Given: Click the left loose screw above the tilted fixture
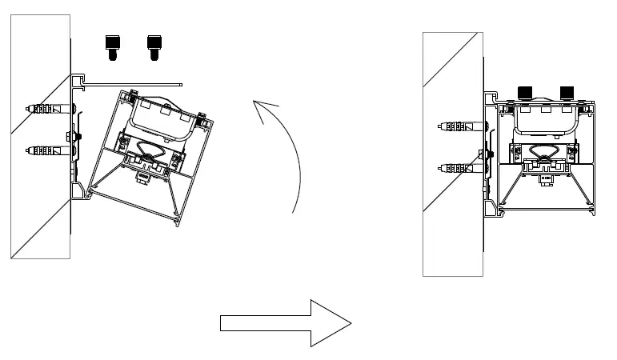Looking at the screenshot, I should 113,47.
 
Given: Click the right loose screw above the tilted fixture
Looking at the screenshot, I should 154,47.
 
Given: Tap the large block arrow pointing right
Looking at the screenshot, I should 286,322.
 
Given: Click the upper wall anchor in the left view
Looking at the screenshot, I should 47,109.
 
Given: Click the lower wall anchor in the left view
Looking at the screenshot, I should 47,149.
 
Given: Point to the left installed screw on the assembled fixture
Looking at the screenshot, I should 527,92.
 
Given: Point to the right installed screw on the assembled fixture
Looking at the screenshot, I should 568,92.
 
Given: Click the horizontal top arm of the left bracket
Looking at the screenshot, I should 136,81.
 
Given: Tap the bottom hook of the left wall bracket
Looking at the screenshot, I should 80,192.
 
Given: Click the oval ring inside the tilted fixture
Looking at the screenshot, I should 150,150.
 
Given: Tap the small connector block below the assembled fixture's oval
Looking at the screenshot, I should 547,178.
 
